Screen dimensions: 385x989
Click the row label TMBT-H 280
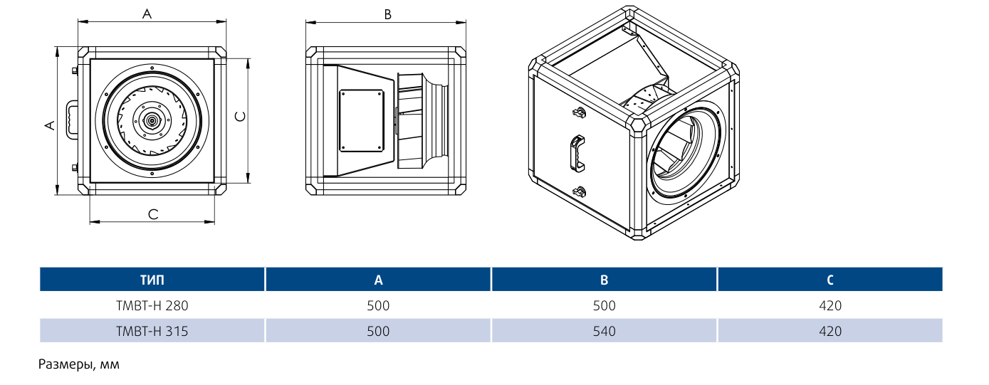(x=152, y=306)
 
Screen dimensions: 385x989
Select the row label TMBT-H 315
(x=152, y=331)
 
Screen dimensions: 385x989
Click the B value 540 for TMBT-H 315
(x=605, y=331)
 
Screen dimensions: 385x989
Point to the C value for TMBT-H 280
(x=830, y=306)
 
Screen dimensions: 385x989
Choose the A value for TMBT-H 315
(x=379, y=331)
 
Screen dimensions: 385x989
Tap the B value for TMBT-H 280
(x=605, y=306)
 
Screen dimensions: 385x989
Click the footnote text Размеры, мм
(x=79, y=365)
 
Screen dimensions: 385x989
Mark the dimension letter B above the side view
(x=387, y=14)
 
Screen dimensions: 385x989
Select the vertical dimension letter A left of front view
(x=49, y=125)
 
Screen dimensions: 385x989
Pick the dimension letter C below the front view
(x=152, y=213)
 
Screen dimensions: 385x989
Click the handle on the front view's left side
(x=73, y=119)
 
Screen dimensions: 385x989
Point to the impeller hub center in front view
(x=152, y=121)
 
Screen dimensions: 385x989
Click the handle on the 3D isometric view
(x=577, y=152)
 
